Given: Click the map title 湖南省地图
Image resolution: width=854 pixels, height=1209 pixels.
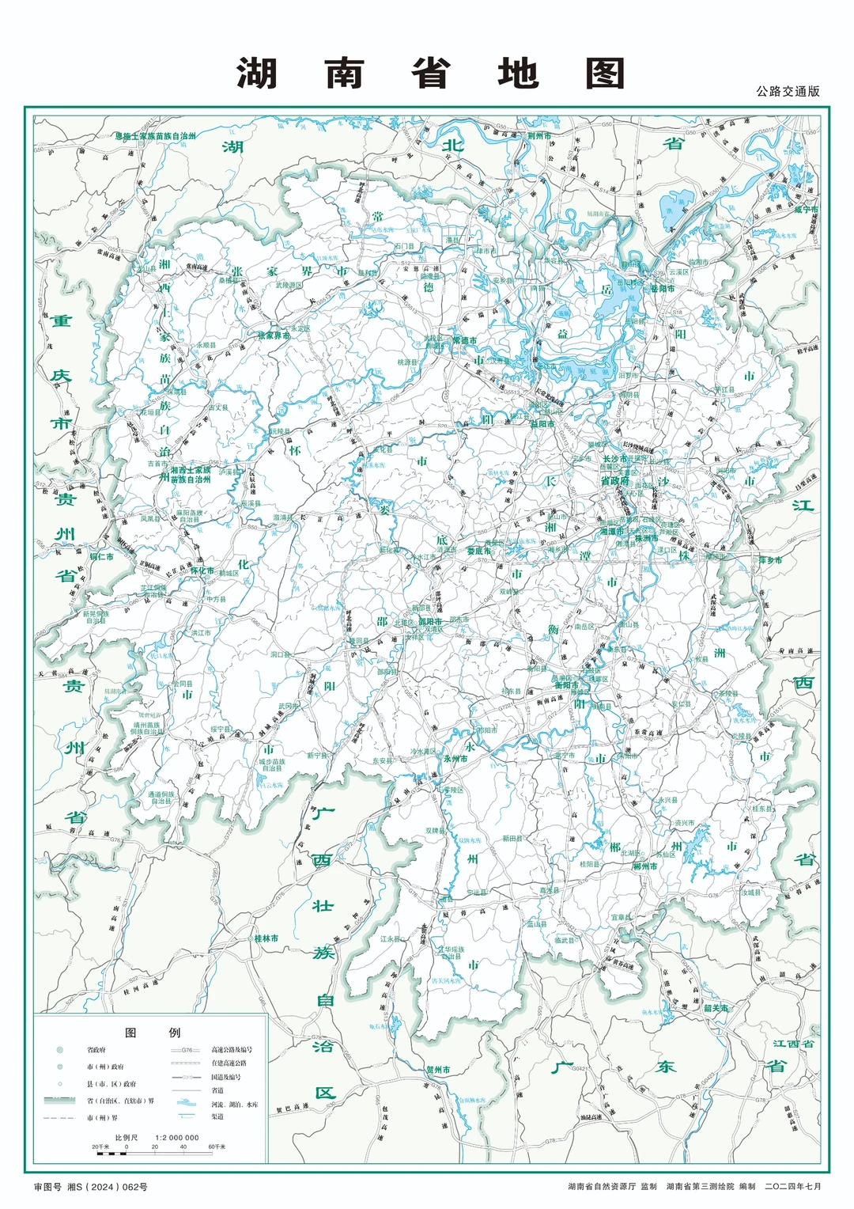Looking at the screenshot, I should pos(431,74).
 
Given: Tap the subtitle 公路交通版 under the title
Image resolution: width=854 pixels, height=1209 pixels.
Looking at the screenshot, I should pos(788,92).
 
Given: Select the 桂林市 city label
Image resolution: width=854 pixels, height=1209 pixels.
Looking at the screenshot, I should pos(266,938).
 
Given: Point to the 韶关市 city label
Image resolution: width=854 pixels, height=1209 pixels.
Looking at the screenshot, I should pos(715,1008).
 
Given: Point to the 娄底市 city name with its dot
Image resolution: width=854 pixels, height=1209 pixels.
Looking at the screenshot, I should pos(478,551).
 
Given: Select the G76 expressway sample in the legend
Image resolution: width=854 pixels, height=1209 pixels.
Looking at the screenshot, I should pos(187,1050).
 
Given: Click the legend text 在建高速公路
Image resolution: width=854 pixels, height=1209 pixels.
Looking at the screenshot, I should pos(229,1063).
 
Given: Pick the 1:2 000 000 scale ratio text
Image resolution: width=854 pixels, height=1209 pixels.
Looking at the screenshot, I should pos(177,1138).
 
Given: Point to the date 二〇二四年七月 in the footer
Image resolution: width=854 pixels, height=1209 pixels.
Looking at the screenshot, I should pos(792,1187).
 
